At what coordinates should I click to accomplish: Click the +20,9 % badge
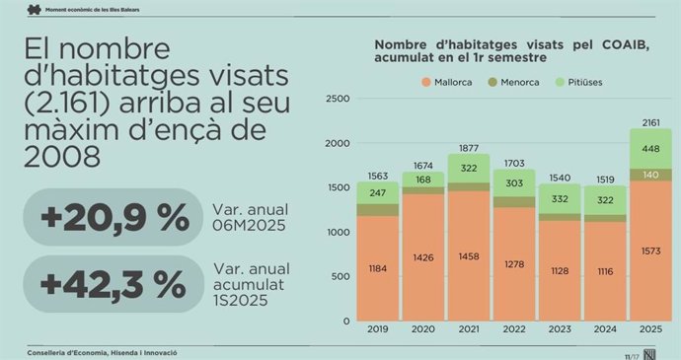click(113, 217)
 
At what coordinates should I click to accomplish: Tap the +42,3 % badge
click(113, 284)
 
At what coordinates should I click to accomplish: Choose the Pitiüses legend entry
click(602, 82)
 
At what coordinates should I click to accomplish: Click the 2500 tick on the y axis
click(338, 99)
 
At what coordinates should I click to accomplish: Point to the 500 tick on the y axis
click(340, 276)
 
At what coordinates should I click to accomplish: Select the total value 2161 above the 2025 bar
click(650, 122)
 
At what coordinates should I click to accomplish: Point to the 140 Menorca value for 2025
click(650, 175)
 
